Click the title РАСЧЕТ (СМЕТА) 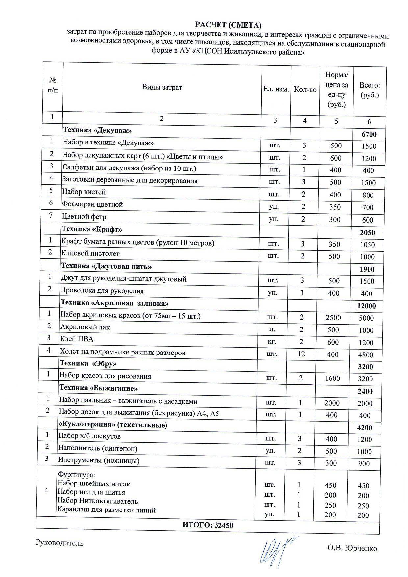[228, 25]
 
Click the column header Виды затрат [162, 87]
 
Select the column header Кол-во [305, 90]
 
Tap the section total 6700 [369, 134]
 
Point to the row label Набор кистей [84, 192]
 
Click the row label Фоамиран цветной [92, 204]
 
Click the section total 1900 [367, 269]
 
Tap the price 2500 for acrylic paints [333, 318]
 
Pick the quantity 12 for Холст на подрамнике [301, 354]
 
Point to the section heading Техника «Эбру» [88, 363]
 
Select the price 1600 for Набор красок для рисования [332, 378]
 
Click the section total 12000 [366, 306]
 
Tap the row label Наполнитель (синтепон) [98, 448]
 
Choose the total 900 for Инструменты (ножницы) [364, 463]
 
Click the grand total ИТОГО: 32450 [208, 525]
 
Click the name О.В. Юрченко [352, 548]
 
